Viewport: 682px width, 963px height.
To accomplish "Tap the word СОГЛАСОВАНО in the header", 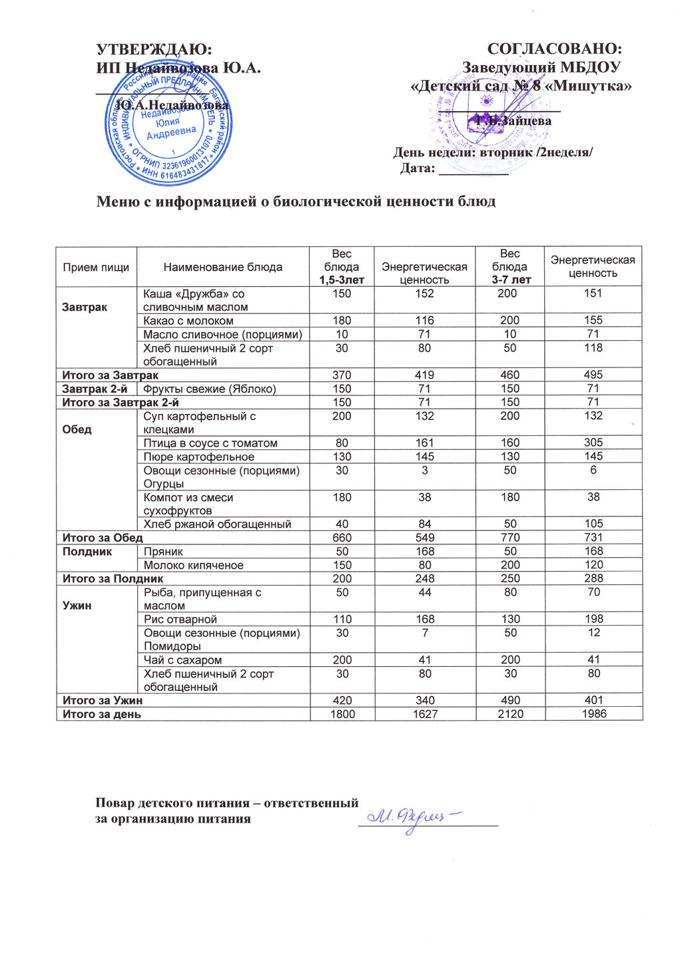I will pyautogui.click(x=555, y=49).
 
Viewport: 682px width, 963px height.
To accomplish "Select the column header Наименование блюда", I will pyautogui.click(x=223, y=267).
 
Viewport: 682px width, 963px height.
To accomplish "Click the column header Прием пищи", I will pyautogui.click(x=96, y=267).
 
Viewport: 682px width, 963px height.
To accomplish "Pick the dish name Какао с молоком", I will pyautogui.click(x=188, y=321).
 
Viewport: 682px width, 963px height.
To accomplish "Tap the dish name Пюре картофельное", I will pyautogui.click(x=199, y=457).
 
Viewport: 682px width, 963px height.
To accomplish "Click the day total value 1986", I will pyautogui.click(x=593, y=714).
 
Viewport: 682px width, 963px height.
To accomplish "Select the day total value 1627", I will pyautogui.click(x=424, y=714).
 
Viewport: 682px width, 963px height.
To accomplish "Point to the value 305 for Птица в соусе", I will pyautogui.click(x=593, y=443).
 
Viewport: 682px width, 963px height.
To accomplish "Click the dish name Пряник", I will pyautogui.click(x=163, y=552).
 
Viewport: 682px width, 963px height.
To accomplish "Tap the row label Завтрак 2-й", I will pyautogui.click(x=95, y=389).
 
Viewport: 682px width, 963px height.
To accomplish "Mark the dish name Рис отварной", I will pyautogui.click(x=180, y=620).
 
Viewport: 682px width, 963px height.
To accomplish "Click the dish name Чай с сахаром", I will pyautogui.click(x=183, y=660).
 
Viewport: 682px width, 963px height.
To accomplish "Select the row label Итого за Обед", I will pyautogui.click(x=103, y=538).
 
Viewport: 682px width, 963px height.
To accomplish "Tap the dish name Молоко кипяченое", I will pyautogui.click(x=194, y=565).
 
